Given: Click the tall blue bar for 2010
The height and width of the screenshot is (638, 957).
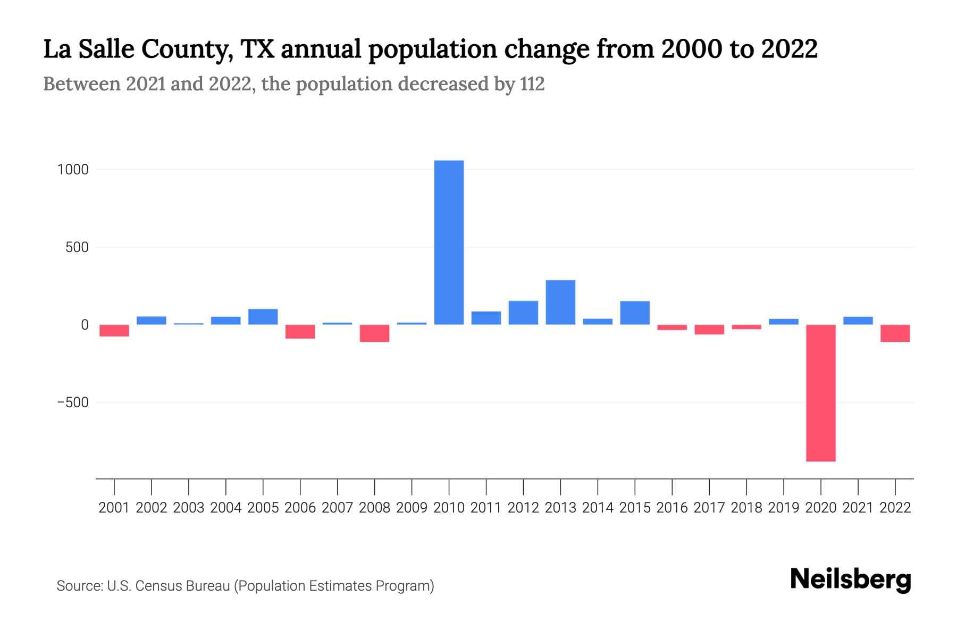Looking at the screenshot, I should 449,242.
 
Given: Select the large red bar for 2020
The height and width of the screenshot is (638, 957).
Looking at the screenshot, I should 820,393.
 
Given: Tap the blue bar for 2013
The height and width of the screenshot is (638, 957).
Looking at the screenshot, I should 560,302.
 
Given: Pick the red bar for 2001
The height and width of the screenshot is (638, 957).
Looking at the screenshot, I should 114,331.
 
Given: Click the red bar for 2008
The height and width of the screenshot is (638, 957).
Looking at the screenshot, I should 374,333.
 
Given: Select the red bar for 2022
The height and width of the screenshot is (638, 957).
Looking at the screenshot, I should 895,333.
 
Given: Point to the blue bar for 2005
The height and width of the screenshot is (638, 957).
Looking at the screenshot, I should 263,317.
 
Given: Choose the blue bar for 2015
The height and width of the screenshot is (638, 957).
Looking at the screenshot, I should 635,313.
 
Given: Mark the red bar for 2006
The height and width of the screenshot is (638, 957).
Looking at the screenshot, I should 300,332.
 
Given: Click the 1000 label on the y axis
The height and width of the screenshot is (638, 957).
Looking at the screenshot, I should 73,170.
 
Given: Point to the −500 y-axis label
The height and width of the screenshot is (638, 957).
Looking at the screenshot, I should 73,402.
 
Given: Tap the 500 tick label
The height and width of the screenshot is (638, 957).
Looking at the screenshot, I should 77,247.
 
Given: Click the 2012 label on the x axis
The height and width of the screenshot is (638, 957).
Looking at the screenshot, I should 523,508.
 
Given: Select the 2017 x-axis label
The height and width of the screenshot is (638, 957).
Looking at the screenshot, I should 709,508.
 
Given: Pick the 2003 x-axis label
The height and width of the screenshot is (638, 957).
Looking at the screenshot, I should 189,508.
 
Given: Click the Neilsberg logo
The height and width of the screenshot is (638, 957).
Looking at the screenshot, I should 851,580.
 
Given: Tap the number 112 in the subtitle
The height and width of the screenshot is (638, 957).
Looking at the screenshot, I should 532,84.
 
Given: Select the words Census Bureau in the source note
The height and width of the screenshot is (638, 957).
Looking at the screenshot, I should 183,586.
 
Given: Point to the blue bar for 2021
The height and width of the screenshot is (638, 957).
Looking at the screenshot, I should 858,321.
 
